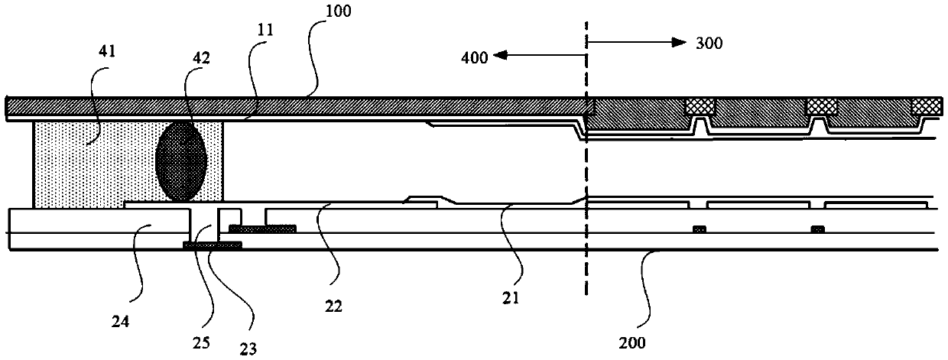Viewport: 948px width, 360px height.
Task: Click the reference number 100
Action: point(339,11)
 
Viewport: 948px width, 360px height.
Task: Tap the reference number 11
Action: point(265,30)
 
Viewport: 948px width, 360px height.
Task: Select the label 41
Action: point(107,51)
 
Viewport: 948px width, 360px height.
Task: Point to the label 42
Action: point(201,58)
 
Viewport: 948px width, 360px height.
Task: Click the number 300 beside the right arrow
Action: point(709,43)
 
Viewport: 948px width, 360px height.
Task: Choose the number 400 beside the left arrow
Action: point(475,57)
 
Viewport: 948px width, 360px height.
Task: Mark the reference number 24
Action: point(120,322)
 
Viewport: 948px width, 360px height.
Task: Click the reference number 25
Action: point(201,342)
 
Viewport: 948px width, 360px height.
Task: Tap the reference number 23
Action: point(248,349)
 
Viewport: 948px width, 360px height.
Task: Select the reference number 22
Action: point(333,306)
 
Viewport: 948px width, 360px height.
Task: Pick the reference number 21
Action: point(511,298)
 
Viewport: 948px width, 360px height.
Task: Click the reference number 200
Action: point(632,342)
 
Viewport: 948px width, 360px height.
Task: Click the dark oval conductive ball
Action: point(181,161)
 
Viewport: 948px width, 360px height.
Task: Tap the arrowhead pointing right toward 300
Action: point(679,42)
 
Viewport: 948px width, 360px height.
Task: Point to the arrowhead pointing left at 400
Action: point(501,55)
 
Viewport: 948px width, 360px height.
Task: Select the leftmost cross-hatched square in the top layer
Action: point(700,107)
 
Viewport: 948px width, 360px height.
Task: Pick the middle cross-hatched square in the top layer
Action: point(822,107)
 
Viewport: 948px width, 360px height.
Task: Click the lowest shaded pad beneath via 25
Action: point(213,245)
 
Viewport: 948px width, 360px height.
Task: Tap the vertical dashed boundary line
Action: point(586,159)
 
